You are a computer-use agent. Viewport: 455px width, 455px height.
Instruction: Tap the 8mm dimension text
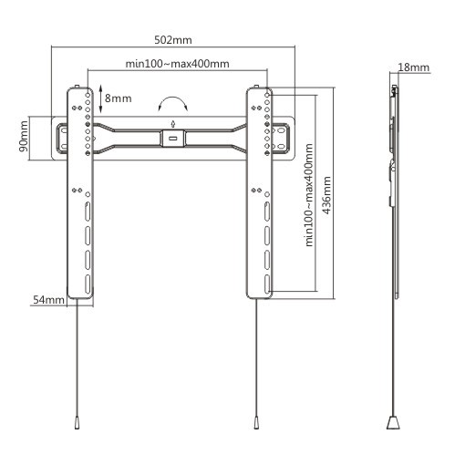tap(118, 97)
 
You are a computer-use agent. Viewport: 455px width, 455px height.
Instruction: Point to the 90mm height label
tap(24, 139)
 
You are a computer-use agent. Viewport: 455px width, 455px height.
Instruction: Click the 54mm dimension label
tap(47, 299)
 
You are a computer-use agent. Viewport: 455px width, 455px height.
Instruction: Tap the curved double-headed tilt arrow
tap(173, 102)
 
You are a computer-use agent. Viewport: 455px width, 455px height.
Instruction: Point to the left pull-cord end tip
tap(77, 423)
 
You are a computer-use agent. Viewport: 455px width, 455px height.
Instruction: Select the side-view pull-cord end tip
tap(393, 423)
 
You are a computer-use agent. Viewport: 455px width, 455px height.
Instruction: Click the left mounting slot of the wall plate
tap(64, 139)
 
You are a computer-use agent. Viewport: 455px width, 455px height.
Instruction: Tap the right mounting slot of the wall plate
tap(281, 139)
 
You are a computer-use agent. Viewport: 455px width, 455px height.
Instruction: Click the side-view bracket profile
tap(393, 182)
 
